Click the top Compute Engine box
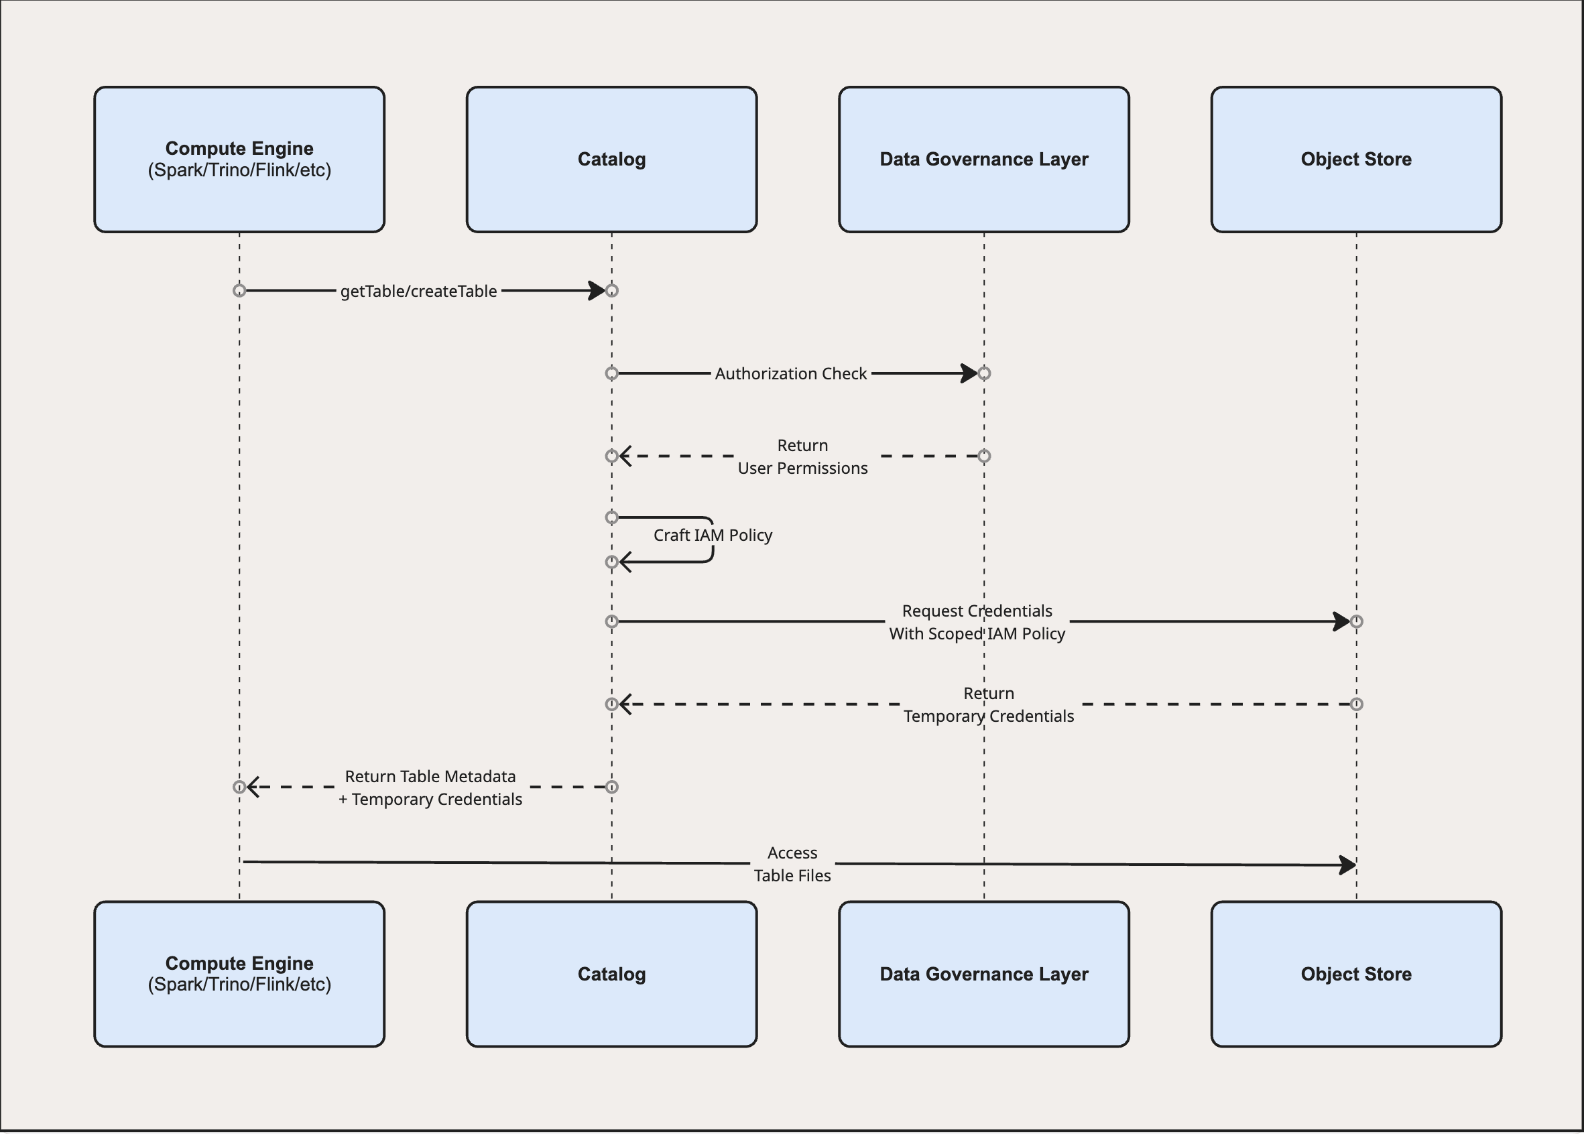click(x=239, y=160)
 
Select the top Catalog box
click(x=611, y=160)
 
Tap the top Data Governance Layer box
click(x=983, y=160)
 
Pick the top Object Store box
click(x=1355, y=160)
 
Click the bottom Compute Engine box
click(x=239, y=973)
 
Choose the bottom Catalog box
click(x=611, y=973)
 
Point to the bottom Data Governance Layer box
click(x=983, y=973)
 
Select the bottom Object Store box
click(x=1355, y=973)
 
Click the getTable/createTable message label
click(x=418, y=291)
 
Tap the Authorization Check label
click(x=790, y=373)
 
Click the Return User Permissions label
click(x=802, y=456)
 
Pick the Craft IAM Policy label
click(x=713, y=535)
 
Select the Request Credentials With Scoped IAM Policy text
click(x=977, y=621)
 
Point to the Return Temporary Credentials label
click(x=988, y=704)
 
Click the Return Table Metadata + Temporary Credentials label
click(x=430, y=787)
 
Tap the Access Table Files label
click(x=792, y=864)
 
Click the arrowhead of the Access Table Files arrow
click(x=1347, y=865)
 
